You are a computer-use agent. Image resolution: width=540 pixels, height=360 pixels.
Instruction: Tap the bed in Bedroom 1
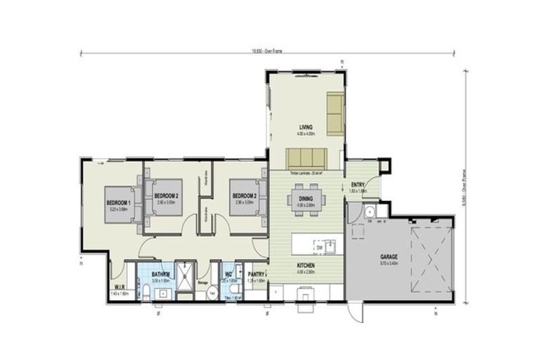click(x=124, y=204)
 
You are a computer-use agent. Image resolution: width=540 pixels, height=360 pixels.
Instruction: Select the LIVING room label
click(x=305, y=127)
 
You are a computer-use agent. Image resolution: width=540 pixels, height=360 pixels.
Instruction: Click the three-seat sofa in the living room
click(x=305, y=158)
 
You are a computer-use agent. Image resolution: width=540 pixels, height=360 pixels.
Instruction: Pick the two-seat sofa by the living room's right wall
click(x=335, y=113)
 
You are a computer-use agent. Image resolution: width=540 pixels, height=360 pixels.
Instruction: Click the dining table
click(x=306, y=198)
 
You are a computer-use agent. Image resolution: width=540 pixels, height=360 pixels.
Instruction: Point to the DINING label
click(x=306, y=198)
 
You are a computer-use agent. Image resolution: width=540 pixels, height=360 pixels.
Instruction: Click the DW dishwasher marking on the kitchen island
click(x=319, y=247)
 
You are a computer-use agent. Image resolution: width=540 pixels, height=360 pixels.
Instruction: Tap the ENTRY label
click(x=359, y=185)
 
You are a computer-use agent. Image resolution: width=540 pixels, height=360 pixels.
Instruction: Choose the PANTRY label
click(x=256, y=274)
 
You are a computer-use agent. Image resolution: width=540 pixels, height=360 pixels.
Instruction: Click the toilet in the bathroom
click(x=146, y=292)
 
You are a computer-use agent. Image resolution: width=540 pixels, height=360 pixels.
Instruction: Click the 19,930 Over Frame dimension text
click(x=269, y=51)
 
